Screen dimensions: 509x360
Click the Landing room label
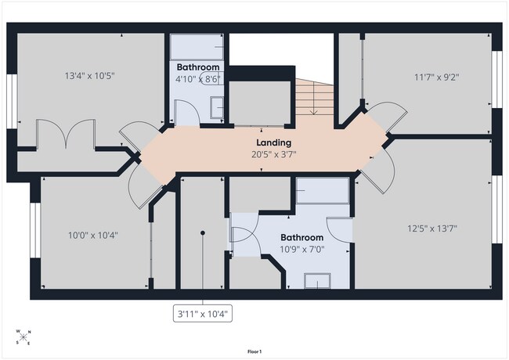(x=273, y=142)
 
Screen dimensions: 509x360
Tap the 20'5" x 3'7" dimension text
(x=273, y=154)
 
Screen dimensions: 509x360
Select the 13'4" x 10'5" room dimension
(x=90, y=76)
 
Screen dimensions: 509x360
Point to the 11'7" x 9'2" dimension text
(x=437, y=77)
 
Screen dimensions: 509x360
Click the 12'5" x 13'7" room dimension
(x=432, y=229)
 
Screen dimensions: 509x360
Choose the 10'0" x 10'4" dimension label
(x=93, y=235)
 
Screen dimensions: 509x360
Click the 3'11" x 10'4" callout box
(x=203, y=313)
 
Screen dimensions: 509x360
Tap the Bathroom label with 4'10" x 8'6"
(x=198, y=67)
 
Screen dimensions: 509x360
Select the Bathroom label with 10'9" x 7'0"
(x=302, y=237)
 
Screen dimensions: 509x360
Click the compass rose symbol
(x=23, y=337)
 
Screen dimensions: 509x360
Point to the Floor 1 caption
(x=254, y=351)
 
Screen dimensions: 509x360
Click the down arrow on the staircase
(x=313, y=97)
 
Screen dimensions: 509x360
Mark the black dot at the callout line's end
(x=203, y=233)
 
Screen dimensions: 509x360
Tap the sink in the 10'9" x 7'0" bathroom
(x=317, y=281)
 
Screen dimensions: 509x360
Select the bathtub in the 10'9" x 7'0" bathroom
(x=323, y=190)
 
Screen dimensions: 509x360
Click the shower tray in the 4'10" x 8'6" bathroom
(x=197, y=47)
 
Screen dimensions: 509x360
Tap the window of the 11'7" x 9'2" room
(x=496, y=80)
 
